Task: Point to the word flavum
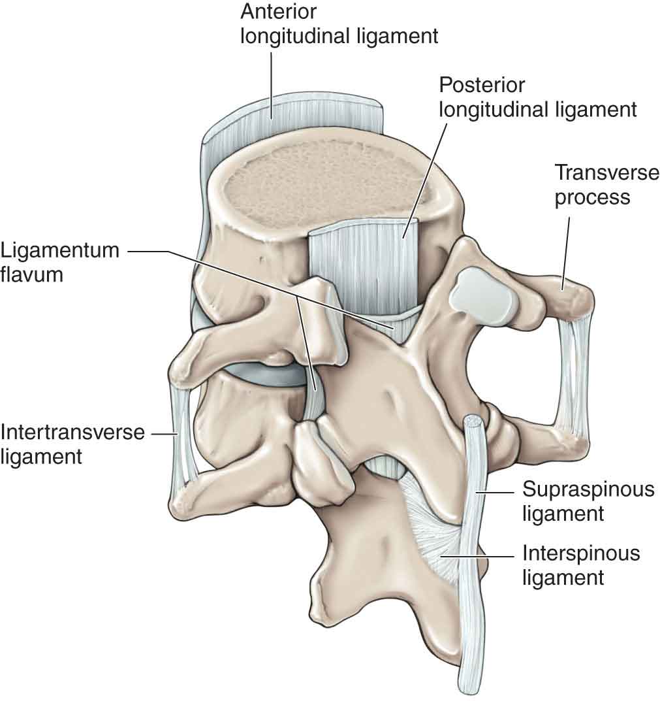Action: click(x=32, y=274)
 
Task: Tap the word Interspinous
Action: click(x=581, y=554)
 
